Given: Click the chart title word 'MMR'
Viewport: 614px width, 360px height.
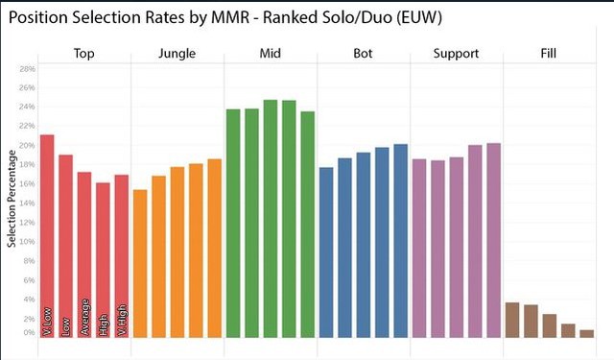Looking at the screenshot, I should pyautogui.click(x=238, y=18).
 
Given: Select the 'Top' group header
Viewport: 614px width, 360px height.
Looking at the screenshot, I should pyautogui.click(x=83, y=54).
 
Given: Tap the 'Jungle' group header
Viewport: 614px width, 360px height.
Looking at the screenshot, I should pyautogui.click(x=177, y=54).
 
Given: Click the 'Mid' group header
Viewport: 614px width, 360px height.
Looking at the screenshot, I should pyautogui.click(x=270, y=54).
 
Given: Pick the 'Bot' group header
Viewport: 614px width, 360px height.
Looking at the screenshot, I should pyautogui.click(x=364, y=54).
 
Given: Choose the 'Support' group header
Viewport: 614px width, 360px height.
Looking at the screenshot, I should pyautogui.click(x=457, y=54).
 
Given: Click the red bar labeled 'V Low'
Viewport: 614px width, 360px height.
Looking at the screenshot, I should pyautogui.click(x=47, y=235).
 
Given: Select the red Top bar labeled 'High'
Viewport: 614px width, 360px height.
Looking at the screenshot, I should pyautogui.click(x=103, y=259).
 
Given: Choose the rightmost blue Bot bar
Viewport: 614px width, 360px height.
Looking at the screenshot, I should pyautogui.click(x=400, y=240).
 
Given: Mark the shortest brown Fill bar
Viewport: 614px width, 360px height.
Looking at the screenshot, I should pyautogui.click(x=586, y=333).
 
